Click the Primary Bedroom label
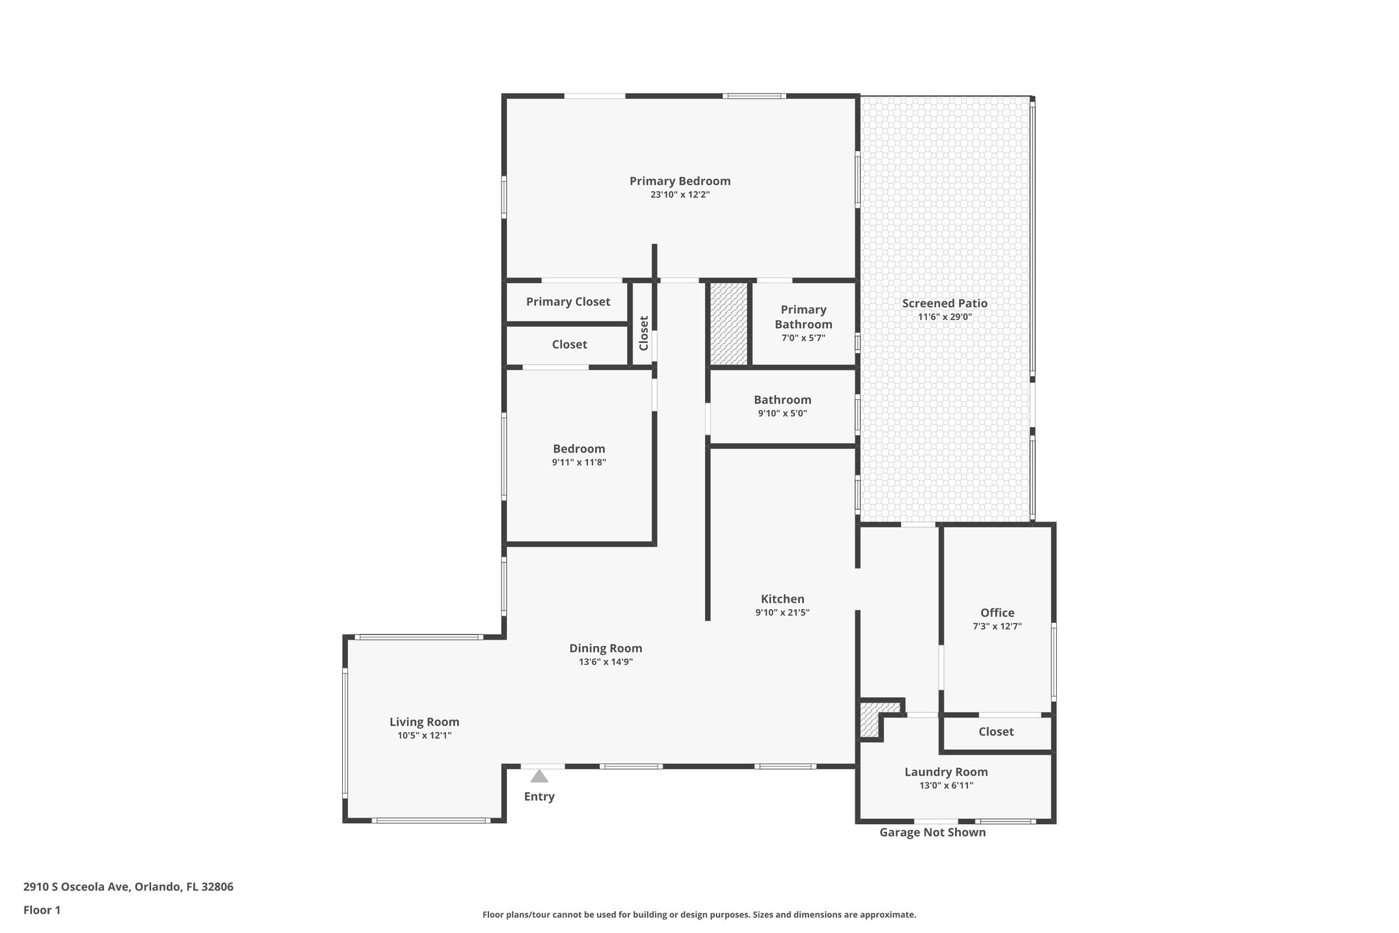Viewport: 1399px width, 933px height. [680, 181]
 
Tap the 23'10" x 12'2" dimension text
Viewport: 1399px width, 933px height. [680, 195]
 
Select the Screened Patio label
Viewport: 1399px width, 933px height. [944, 303]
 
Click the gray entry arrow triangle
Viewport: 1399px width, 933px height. [539, 776]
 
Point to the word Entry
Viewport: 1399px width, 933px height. [539, 796]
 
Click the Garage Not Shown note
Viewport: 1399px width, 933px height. [932, 832]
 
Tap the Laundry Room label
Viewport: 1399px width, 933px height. [945, 772]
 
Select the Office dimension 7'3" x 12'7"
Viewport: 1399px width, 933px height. [997, 626]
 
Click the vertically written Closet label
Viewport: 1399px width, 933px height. [643, 333]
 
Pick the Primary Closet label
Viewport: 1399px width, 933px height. [568, 301]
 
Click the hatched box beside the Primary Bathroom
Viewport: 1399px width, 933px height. [728, 323]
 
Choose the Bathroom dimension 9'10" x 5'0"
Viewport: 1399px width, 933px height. [782, 414]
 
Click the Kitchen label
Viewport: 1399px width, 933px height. [782, 599]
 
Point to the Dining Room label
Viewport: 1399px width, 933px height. [605, 648]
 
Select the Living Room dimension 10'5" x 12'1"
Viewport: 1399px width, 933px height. [424, 735]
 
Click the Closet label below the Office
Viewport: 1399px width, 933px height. [995, 731]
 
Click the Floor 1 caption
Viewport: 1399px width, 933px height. [42, 910]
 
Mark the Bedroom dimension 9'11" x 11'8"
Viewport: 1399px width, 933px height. [579, 463]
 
